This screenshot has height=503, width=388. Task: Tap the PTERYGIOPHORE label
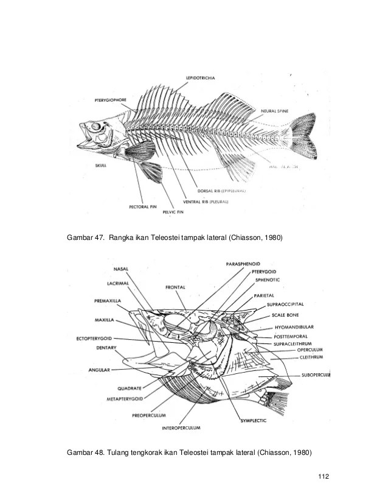pyautogui.click(x=112, y=99)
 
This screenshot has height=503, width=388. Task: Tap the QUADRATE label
pyautogui.click(x=130, y=387)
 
